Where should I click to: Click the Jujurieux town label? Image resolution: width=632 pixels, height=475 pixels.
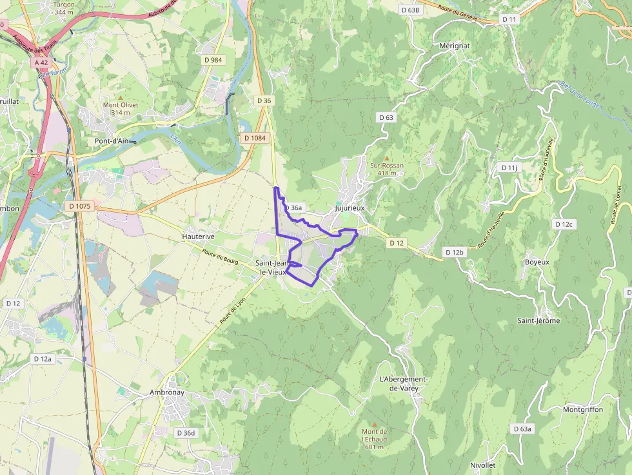coord(350,208)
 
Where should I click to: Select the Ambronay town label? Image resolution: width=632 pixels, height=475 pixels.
coord(166,392)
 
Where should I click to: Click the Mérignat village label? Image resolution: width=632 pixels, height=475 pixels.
coord(454,46)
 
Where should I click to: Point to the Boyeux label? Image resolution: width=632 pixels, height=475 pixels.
coord(537,262)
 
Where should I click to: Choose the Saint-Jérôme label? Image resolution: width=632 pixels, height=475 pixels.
coord(538,320)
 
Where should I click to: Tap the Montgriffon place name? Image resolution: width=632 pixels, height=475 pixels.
coord(582,409)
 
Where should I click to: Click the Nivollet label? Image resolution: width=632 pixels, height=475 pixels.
coord(482,465)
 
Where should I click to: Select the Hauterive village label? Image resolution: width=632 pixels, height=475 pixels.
coord(198,237)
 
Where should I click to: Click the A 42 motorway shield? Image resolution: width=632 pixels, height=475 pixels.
coord(41,63)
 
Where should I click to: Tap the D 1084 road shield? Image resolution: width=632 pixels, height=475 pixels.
coord(255,138)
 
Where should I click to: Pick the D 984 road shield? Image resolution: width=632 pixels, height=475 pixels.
coord(213,60)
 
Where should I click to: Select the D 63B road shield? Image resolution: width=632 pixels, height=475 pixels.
coord(410,10)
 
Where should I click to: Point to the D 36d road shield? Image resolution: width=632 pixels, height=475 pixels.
coord(186,433)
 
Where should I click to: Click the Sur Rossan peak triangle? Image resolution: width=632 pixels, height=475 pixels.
coord(387,157)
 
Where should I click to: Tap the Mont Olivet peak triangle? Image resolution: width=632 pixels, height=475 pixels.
coord(120,97)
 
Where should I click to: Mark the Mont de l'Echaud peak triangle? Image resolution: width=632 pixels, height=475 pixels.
coord(374,423)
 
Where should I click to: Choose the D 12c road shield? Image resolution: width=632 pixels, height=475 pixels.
coord(563,224)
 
